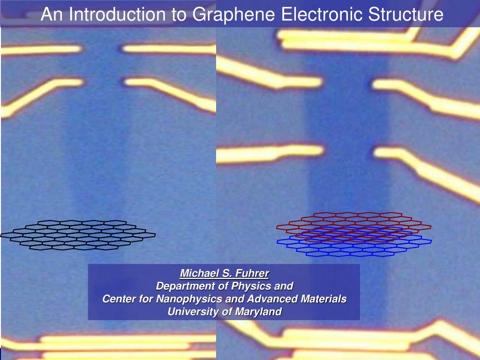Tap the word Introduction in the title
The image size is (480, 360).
pos(119,15)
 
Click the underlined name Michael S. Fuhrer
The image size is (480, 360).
pos(225,273)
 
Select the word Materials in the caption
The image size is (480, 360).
pos(323,299)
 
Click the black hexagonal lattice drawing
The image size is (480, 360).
pos(77,234)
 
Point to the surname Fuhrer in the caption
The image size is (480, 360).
pos(252,273)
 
